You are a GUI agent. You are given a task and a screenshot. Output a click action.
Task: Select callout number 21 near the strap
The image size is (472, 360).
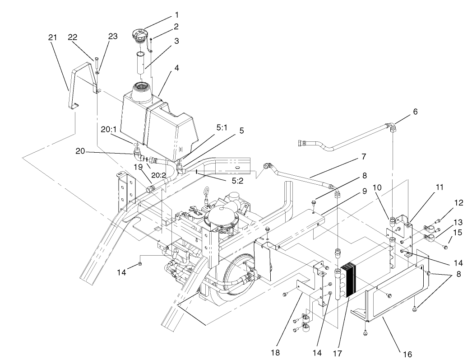click(x=52, y=37)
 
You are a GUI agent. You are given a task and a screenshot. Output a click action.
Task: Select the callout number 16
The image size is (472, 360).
click(x=407, y=354)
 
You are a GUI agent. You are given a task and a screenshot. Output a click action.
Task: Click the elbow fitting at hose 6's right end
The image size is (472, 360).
click(x=392, y=126)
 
